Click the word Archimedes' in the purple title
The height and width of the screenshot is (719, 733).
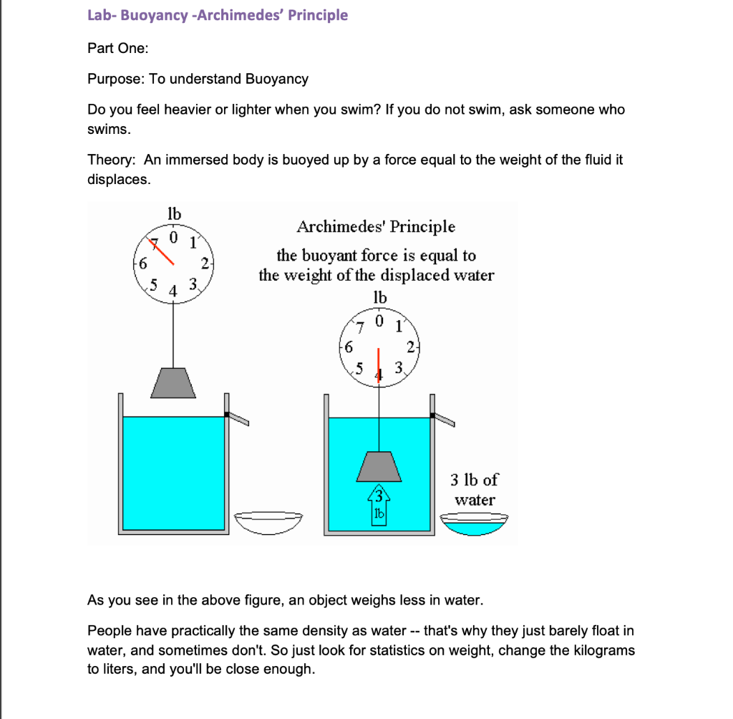coord(241,15)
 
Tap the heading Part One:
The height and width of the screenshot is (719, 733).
coord(118,48)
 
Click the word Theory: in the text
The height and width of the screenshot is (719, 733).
coord(112,160)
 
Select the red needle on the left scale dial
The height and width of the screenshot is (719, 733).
coord(163,248)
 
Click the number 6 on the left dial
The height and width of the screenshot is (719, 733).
coord(142,263)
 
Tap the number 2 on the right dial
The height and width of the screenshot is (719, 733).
coord(411,348)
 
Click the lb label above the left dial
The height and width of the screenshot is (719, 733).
coord(174,213)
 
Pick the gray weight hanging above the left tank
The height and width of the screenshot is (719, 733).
coord(174,383)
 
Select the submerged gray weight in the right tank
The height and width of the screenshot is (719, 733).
coord(379,467)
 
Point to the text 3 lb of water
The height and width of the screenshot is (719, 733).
coord(474,489)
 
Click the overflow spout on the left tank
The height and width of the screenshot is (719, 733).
coord(238,418)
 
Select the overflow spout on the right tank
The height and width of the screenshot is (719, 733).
coord(444,419)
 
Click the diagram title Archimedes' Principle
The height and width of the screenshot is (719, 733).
coord(376,227)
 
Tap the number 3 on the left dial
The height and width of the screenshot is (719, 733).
coord(191,286)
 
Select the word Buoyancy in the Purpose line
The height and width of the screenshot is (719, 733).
coord(277,79)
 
